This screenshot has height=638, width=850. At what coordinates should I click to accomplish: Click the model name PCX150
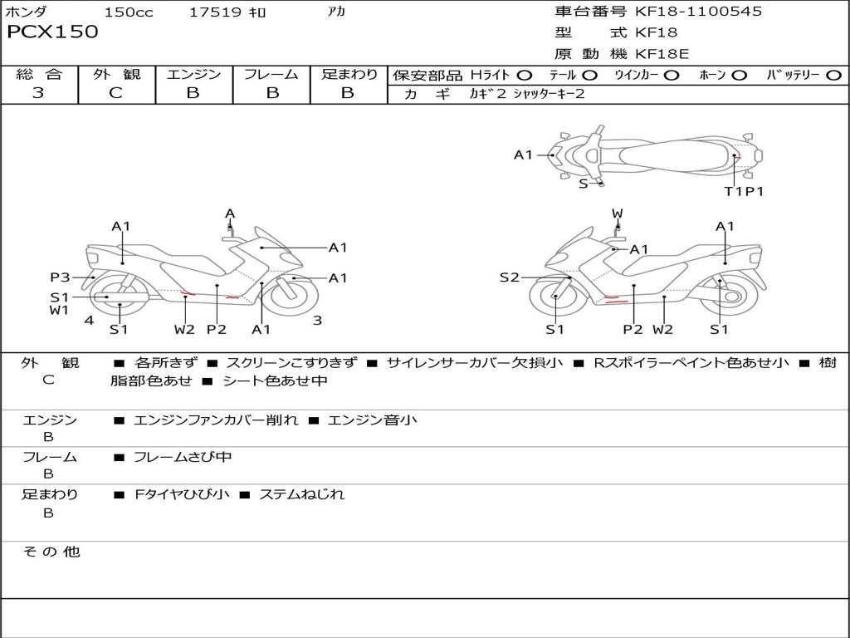click(x=52, y=32)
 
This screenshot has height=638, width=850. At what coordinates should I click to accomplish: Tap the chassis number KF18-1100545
click(x=698, y=11)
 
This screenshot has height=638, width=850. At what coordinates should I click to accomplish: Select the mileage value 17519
click(x=215, y=12)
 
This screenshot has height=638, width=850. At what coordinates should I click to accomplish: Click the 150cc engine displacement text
click(x=129, y=12)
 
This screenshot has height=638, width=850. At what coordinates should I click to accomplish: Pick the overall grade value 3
click(x=38, y=93)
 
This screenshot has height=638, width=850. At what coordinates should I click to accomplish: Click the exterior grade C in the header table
click(x=116, y=93)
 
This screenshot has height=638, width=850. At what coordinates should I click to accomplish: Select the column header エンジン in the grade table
click(x=193, y=74)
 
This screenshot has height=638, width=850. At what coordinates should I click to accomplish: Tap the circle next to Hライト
click(x=525, y=75)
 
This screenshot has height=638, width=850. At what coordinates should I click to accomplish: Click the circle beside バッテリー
click(x=833, y=75)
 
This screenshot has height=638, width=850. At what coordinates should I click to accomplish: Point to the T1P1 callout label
click(x=743, y=191)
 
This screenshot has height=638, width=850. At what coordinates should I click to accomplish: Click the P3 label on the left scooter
click(x=60, y=277)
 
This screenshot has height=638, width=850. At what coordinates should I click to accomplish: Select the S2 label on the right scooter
click(x=509, y=277)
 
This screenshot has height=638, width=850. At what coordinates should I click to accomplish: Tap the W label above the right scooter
click(x=618, y=213)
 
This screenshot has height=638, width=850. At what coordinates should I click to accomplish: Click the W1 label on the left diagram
click(x=59, y=311)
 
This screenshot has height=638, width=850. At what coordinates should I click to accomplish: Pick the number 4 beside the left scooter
click(x=89, y=320)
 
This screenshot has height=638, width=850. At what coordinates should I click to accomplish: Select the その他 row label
click(x=51, y=552)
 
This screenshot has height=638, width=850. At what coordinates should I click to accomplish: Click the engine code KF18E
click(x=662, y=54)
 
